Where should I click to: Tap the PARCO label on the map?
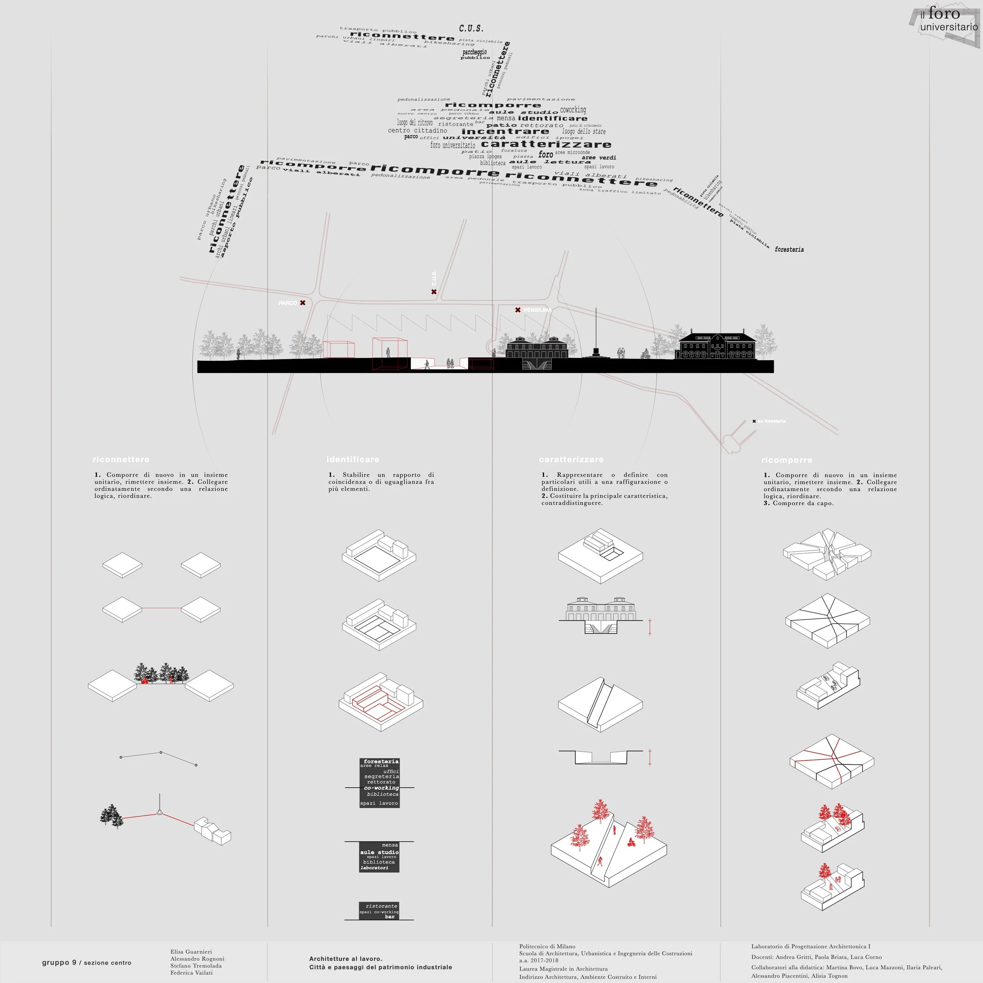(x=287, y=303)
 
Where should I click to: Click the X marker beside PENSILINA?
(x=517, y=310)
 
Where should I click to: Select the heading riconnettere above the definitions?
(x=121, y=459)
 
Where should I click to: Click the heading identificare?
(x=353, y=459)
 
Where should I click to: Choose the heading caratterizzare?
(x=571, y=459)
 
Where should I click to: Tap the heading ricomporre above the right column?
(x=787, y=460)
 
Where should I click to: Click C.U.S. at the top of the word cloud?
(x=471, y=28)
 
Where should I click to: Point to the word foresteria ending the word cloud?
(x=789, y=249)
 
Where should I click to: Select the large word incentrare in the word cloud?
(x=505, y=131)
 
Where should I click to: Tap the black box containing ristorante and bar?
(x=379, y=911)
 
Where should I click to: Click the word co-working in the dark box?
(x=381, y=788)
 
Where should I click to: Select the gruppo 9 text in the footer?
(x=59, y=963)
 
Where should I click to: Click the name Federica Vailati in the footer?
(x=191, y=973)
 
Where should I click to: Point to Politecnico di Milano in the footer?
(x=547, y=946)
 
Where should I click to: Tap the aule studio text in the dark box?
(x=379, y=852)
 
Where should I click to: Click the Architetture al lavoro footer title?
(x=346, y=959)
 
